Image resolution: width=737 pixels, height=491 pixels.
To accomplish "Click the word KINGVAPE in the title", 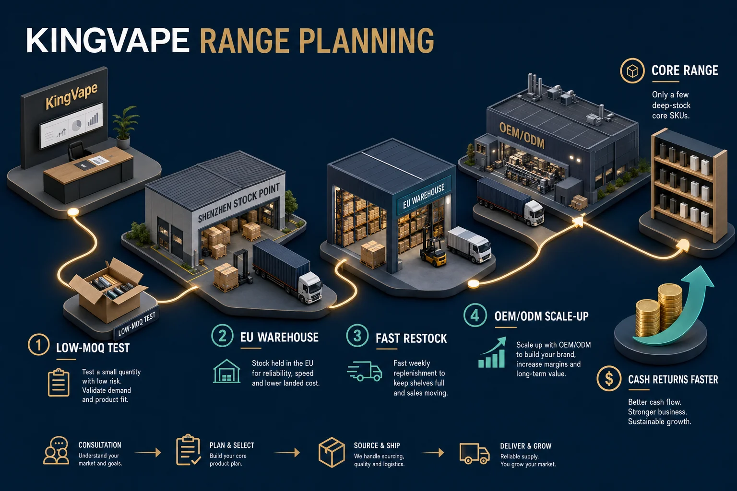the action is tap(107, 40).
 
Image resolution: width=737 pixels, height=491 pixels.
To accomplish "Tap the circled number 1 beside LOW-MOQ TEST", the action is tap(38, 345).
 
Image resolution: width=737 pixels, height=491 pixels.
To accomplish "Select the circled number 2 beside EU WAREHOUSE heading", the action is tap(223, 336).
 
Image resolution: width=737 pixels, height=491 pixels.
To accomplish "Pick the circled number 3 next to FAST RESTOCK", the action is tap(357, 336).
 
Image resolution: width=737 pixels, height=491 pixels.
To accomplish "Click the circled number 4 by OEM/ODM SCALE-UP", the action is tap(475, 315).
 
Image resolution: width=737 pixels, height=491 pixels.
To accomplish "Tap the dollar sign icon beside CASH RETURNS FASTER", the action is tap(609, 378).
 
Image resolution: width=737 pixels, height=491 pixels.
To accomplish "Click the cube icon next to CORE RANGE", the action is tap(632, 70).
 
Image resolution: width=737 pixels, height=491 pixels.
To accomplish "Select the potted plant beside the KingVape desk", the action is tap(125, 127).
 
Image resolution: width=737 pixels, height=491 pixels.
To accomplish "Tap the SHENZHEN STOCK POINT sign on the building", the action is tap(239, 203).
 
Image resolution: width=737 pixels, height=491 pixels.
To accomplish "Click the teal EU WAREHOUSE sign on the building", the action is tap(424, 197).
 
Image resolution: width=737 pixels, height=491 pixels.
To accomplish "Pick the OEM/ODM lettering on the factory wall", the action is tap(522, 136).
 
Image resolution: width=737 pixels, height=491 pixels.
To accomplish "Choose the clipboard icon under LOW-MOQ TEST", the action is tap(59, 383).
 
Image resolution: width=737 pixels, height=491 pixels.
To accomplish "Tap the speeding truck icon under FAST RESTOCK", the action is tap(365, 371).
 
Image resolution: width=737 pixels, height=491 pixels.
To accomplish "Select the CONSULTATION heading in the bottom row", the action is tap(100, 445).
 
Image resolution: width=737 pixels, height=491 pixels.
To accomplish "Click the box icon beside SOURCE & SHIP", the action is tap(332, 452).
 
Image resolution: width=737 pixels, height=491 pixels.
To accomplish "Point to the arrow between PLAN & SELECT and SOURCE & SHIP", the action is tap(286, 453).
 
